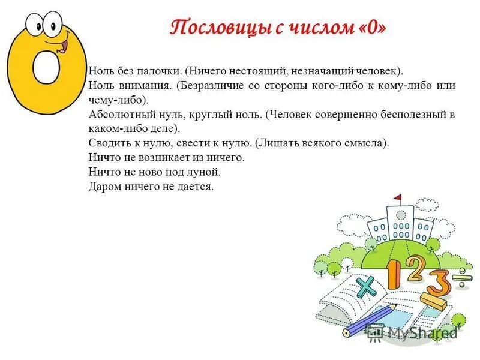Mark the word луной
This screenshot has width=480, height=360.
click(x=206, y=172)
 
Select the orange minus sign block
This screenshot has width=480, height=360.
click(x=435, y=301)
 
